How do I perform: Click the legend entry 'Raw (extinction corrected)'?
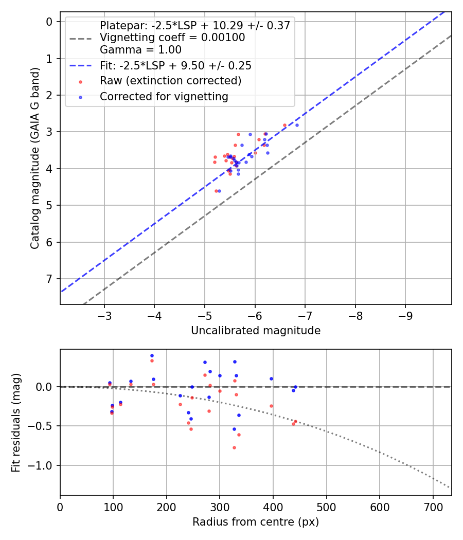point(170,81)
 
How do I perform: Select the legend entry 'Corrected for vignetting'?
point(164,97)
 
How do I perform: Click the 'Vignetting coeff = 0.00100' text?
point(172,38)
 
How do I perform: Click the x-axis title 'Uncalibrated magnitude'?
point(256,331)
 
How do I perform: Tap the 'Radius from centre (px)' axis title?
point(256,522)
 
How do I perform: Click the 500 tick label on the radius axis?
point(327,507)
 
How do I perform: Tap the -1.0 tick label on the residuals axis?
point(42,465)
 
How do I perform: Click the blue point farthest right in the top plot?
point(297,125)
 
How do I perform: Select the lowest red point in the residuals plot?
point(234,447)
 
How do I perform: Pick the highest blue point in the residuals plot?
point(152,355)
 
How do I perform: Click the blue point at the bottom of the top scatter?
point(219,191)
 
